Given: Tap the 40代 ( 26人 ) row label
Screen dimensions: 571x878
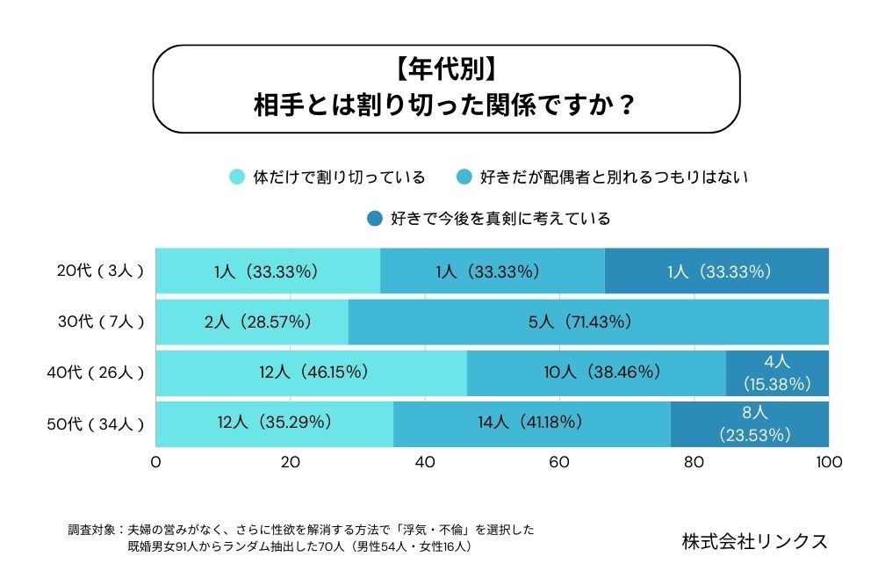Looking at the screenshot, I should click(96, 372).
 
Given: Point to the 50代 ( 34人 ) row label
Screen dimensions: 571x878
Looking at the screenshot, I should click(96, 423).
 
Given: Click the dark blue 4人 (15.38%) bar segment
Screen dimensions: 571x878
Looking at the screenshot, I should click(777, 372).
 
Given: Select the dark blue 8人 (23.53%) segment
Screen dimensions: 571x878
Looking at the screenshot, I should click(750, 423).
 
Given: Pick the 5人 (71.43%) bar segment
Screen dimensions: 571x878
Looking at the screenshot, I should click(588, 322).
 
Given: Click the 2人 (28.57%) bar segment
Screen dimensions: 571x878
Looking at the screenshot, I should click(252, 322).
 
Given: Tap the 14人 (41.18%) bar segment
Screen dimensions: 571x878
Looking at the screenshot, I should click(532, 423).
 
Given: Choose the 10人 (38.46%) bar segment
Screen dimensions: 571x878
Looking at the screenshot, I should click(596, 372).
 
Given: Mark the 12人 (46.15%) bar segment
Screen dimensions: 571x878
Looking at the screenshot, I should click(312, 372).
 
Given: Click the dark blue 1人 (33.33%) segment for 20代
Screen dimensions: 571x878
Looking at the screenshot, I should click(716, 271).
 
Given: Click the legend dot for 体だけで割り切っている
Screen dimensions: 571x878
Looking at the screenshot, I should click(236, 177).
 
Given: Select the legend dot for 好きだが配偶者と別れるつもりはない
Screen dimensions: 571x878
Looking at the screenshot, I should click(463, 177).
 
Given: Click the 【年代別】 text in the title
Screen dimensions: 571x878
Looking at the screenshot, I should click(445, 68).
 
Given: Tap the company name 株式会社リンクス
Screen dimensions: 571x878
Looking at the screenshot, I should click(754, 541).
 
